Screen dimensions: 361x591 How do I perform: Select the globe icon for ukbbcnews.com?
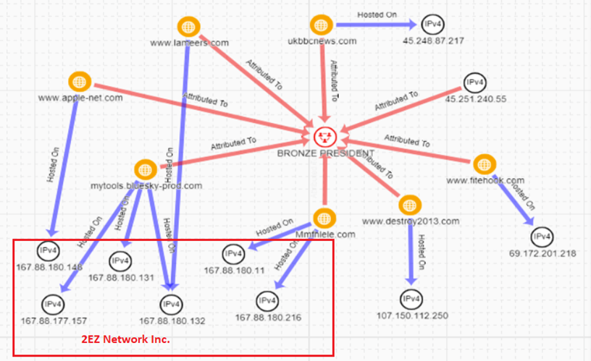click(x=319, y=25)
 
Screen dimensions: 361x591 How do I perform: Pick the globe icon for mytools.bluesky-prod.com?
click(x=145, y=170)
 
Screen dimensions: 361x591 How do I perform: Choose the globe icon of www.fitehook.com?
click(x=482, y=164)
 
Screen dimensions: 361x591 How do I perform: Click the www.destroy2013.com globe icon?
click(x=409, y=205)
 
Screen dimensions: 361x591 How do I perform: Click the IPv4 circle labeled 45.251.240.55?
click(x=475, y=82)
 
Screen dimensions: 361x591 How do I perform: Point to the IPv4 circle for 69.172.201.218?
click(x=542, y=237)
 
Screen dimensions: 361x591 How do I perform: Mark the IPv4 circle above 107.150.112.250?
click(x=411, y=298)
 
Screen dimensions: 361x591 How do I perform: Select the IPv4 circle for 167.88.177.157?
click(x=51, y=302)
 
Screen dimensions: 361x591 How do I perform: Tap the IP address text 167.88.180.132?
click(x=168, y=320)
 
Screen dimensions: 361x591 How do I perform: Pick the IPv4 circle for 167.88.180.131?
click(x=120, y=260)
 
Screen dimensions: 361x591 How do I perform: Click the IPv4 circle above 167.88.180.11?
click(x=233, y=254)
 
